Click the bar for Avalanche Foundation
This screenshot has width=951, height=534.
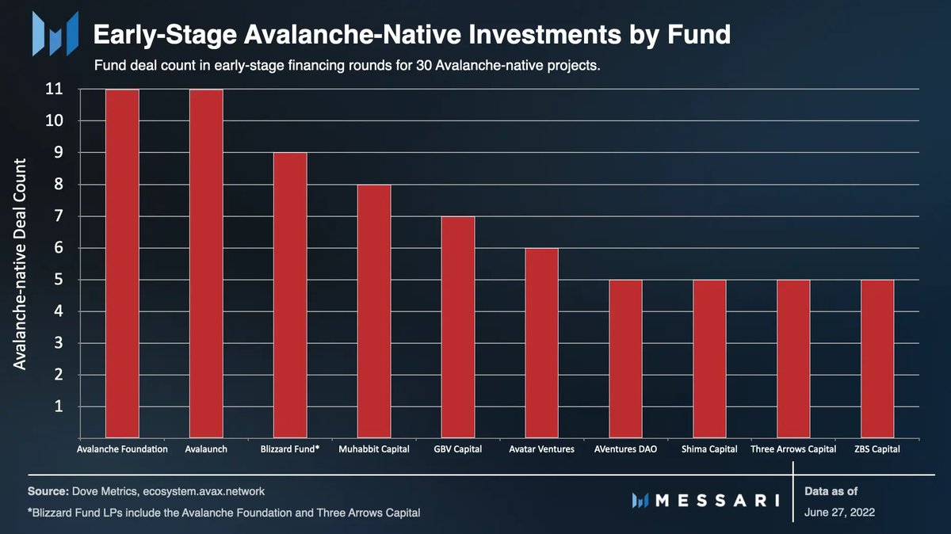[122, 264]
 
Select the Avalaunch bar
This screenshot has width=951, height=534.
[206, 264]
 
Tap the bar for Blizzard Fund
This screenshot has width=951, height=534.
[290, 296]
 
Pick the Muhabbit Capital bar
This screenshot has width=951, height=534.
[374, 311]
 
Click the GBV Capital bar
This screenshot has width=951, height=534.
[458, 327]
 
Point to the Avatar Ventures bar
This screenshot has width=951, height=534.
[541, 343]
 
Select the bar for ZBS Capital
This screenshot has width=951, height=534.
[877, 359]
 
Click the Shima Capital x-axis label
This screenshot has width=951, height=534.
[709, 449]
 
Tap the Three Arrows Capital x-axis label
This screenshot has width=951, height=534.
[793, 449]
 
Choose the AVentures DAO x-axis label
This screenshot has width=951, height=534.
[625, 449]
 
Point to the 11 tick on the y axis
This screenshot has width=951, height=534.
[54, 90]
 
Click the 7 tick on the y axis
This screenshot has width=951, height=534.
[59, 216]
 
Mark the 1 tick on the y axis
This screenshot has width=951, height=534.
[59, 406]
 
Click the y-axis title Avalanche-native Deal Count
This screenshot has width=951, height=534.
[21, 264]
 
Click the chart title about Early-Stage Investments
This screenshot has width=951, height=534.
[411, 35]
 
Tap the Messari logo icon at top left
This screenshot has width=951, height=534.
[55, 33]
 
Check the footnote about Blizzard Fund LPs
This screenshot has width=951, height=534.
[223, 513]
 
